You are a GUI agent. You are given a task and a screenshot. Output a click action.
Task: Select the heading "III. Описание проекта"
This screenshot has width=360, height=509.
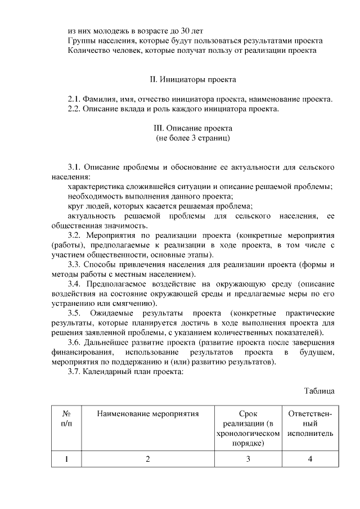pyautogui.click(x=192, y=128)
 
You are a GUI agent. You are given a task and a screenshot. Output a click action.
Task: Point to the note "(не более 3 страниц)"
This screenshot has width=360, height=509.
pyautogui.click(x=192, y=137)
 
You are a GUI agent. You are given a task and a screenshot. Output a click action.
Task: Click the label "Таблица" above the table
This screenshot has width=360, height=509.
pyautogui.click(x=320, y=390)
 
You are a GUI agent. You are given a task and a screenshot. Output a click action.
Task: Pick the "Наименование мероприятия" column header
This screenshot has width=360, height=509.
pyautogui.click(x=148, y=415)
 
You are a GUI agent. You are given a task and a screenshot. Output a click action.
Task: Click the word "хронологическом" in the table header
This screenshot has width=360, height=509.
pyautogui.click(x=249, y=434)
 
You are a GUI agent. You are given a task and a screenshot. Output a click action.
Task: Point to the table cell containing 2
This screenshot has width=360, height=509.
pyautogui.click(x=148, y=459)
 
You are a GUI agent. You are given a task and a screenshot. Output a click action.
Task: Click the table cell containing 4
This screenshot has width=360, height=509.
pyautogui.click(x=310, y=459)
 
